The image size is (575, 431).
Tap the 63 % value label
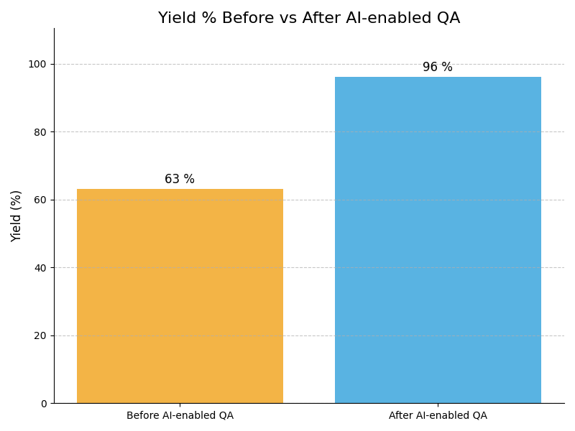click(x=180, y=180)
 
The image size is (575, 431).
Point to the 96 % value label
click(x=438, y=68)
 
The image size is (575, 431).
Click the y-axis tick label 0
click(x=43, y=404)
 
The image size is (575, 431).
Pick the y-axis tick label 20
click(x=40, y=335)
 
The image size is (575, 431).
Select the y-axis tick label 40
click(x=40, y=268)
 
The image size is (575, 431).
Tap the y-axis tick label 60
click(x=40, y=200)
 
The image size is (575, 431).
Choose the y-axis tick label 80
click(x=40, y=132)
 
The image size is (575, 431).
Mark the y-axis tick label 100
click(x=37, y=64)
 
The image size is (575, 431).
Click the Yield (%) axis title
click(x=17, y=215)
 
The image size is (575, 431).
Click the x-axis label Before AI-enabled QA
click(x=180, y=416)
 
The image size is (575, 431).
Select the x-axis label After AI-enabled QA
click(x=438, y=416)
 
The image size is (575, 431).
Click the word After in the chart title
click(x=320, y=19)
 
